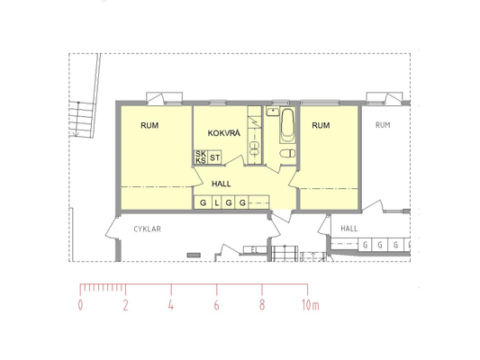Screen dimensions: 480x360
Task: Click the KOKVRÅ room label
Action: tap(224, 133)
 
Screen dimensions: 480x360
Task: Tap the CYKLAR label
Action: tap(148, 229)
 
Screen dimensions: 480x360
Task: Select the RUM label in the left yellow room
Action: tap(149, 125)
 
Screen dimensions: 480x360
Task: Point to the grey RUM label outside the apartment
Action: tap(383, 125)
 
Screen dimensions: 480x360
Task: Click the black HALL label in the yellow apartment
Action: tap(222, 184)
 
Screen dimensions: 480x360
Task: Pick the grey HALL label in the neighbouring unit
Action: tap(349, 229)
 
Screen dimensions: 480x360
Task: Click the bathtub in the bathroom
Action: tap(287, 125)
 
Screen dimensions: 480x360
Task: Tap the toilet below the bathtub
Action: tap(287, 153)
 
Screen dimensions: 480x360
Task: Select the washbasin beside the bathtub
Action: tap(272, 111)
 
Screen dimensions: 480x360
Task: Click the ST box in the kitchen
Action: tap(214, 157)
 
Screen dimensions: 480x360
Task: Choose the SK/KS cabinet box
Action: tap(201, 157)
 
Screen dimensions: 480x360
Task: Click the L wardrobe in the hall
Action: tap(217, 202)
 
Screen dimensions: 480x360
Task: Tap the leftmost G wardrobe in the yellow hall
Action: tap(204, 202)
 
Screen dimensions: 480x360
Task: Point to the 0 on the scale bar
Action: tap(80, 305)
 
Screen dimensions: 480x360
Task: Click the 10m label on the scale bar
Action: tap(311, 305)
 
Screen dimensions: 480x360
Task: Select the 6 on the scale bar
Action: tap(216, 305)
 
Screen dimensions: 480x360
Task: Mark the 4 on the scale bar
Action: tap(171, 305)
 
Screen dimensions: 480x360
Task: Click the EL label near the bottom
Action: tap(254, 250)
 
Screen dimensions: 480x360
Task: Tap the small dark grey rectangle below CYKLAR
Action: tap(194, 255)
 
